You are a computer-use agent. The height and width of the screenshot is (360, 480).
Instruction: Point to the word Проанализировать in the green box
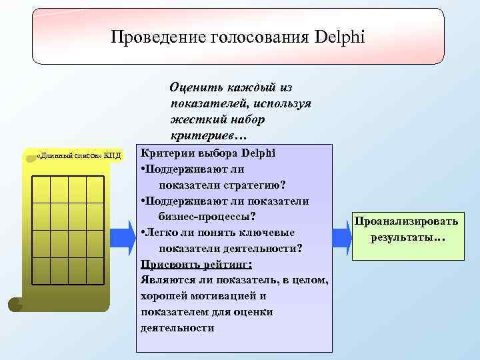(406, 221)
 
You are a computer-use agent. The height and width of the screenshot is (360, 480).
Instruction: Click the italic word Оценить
(195, 87)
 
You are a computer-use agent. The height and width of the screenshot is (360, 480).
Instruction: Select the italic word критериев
(200, 135)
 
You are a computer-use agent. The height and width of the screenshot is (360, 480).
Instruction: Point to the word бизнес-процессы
(207, 216)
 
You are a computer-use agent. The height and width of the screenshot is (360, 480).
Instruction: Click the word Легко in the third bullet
(163, 232)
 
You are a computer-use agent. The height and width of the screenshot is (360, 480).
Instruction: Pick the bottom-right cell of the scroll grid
(95, 270)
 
